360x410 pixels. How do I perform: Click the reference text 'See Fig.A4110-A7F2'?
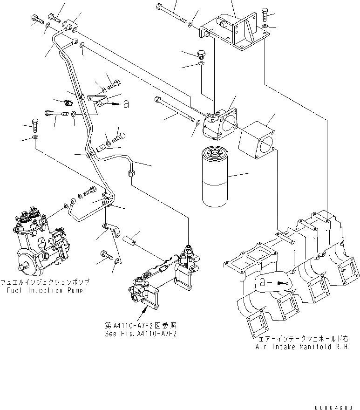point(140,334)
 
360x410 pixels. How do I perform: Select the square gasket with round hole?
point(256,139)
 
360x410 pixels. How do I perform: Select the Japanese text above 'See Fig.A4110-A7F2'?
point(140,326)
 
